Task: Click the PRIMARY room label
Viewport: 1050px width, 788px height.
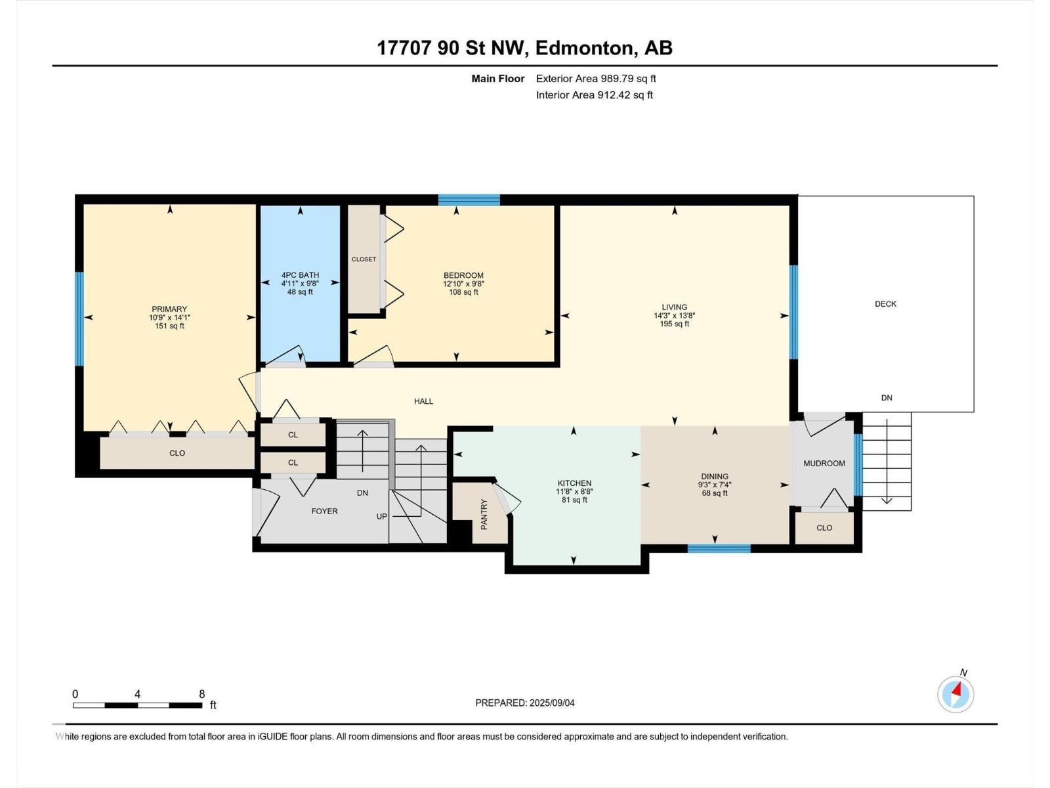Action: click(x=169, y=309)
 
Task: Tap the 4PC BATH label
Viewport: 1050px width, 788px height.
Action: click(x=300, y=275)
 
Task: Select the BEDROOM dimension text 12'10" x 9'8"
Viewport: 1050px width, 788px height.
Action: click(x=463, y=284)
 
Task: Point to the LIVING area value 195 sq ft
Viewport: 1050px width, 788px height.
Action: click(x=675, y=324)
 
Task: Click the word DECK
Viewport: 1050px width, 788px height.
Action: click(x=885, y=304)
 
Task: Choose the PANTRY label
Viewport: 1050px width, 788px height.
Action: click(x=484, y=514)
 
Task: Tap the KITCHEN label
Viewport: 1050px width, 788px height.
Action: click(x=574, y=483)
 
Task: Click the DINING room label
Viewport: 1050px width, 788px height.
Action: click(x=715, y=477)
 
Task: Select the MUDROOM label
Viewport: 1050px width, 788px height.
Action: click(x=824, y=463)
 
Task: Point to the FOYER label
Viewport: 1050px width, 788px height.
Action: click(x=324, y=511)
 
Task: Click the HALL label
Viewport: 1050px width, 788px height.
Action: click(x=423, y=401)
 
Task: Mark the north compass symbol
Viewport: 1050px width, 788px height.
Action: click(x=955, y=694)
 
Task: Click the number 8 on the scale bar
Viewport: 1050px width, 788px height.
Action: click(x=202, y=693)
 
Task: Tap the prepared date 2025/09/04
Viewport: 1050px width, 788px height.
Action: click(x=552, y=703)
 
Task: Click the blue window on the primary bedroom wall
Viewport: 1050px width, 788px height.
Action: click(x=79, y=318)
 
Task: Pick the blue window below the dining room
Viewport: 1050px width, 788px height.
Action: click(x=719, y=548)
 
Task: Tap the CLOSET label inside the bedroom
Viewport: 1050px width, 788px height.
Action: click(x=364, y=259)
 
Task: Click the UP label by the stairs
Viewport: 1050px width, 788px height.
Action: click(x=382, y=516)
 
